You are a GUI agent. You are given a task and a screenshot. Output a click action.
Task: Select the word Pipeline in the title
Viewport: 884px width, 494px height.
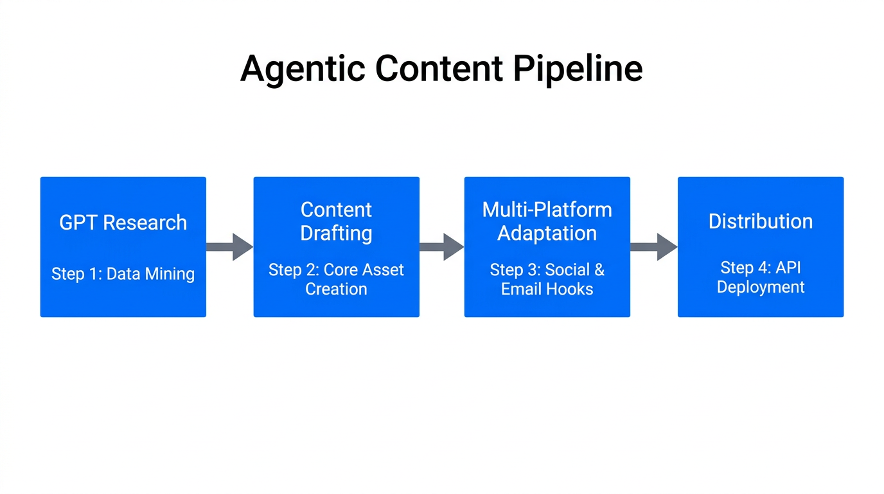[578, 68]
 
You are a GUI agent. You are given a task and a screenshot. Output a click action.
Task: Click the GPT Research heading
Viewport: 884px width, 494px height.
[123, 223]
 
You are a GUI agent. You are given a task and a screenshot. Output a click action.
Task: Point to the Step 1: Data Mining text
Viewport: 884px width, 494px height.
[123, 274]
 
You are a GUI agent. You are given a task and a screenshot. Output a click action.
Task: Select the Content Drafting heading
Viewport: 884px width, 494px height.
[336, 221]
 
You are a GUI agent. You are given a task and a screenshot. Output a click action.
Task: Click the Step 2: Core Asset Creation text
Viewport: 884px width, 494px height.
[336, 279]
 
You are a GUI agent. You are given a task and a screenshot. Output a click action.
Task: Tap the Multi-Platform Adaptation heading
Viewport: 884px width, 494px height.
[547, 221]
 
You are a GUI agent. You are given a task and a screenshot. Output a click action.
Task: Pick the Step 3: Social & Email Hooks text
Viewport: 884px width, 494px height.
[547, 279]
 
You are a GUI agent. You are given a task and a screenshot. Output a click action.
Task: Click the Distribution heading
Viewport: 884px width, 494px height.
[760, 221]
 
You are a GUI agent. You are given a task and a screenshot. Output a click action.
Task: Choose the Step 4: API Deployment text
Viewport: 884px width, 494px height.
[760, 277]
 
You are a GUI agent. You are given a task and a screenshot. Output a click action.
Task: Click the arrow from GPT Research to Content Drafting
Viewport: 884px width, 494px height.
[229, 247]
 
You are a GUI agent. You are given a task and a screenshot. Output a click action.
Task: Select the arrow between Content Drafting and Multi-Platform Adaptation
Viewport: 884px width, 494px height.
[441, 247]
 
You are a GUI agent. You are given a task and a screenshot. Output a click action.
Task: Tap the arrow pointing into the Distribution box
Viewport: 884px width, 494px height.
[653, 247]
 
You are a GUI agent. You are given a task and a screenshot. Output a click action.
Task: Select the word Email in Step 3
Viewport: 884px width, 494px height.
[521, 289]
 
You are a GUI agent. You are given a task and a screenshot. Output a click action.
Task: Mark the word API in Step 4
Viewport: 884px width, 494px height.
[788, 268]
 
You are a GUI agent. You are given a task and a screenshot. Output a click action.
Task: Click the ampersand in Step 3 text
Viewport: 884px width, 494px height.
[599, 270]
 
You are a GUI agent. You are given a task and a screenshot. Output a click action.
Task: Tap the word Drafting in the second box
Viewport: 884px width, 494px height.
[336, 233]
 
